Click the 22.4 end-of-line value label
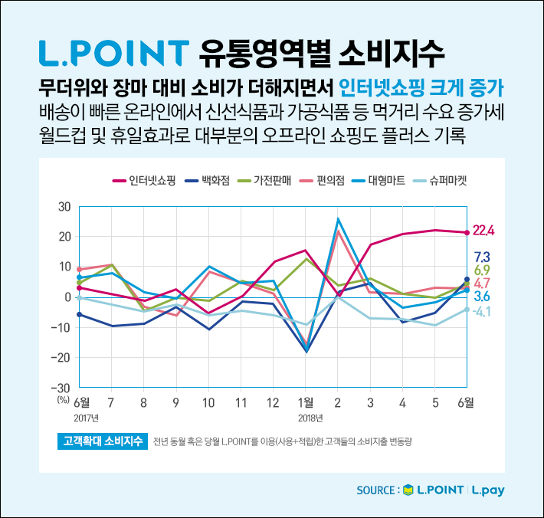tap(484, 230)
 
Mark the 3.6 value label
tap(482, 297)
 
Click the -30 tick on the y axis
tap(61, 388)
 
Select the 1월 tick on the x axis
tap(305, 402)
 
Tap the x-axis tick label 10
tap(208, 402)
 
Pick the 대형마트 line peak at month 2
tap(338, 220)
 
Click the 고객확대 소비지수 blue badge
tap(102, 442)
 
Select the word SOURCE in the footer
tap(378, 490)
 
